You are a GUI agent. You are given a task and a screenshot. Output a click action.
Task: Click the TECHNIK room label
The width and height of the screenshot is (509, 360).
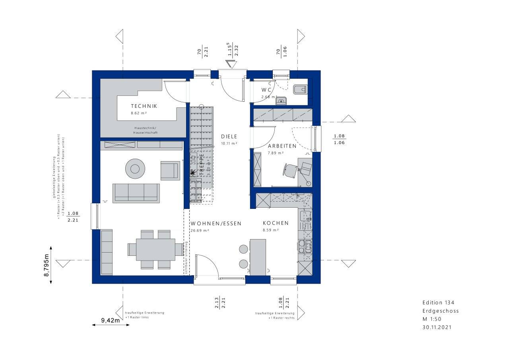pyautogui.click(x=144, y=106)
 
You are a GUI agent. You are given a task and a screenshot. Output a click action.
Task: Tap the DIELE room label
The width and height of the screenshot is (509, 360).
pyautogui.click(x=229, y=136)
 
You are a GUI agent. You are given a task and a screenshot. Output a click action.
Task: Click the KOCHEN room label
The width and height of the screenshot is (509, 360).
pyautogui.click(x=275, y=223)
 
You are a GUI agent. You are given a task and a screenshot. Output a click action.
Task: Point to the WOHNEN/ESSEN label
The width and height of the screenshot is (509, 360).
pyautogui.click(x=216, y=224)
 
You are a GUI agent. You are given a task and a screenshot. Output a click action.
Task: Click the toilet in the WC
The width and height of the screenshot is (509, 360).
pyautogui.click(x=300, y=90)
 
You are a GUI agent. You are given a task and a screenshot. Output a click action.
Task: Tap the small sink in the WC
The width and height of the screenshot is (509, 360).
pyautogui.click(x=282, y=101)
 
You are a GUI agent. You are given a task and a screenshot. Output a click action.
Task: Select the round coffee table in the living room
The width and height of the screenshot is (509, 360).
pyautogui.click(x=135, y=169)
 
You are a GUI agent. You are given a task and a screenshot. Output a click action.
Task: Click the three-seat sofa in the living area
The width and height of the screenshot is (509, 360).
pyautogui.click(x=136, y=193)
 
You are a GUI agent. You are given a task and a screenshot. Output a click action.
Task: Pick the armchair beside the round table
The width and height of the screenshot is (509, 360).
pyautogui.click(x=170, y=170)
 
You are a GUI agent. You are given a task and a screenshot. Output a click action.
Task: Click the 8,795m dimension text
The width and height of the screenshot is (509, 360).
pyautogui.click(x=47, y=265)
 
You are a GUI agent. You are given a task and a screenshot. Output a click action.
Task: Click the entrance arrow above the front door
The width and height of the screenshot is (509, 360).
pyautogui.click(x=231, y=64)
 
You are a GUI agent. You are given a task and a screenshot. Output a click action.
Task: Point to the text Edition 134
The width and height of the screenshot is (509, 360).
pyautogui.click(x=438, y=303)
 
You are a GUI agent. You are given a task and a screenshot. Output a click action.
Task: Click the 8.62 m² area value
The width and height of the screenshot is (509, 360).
pyautogui.click(x=139, y=113)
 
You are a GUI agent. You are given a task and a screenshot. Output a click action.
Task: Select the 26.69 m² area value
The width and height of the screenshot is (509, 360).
pyautogui.click(x=200, y=231)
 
